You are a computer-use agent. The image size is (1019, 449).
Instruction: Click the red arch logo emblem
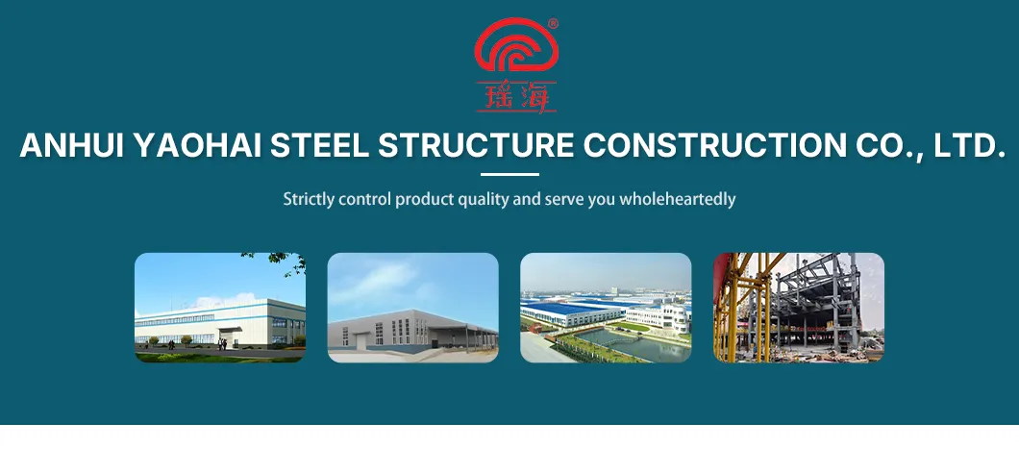pyautogui.click(x=515, y=48)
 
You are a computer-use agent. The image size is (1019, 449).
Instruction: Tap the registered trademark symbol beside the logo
pyautogui.click(x=553, y=24)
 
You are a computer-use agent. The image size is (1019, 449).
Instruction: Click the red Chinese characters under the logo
pyautogui.click(x=515, y=96)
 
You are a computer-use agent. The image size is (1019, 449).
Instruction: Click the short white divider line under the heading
pyautogui.click(x=509, y=174)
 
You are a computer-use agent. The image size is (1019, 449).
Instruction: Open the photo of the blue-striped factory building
pyautogui.click(x=220, y=308)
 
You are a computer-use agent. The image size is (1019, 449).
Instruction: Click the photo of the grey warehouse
pyautogui.click(x=413, y=308)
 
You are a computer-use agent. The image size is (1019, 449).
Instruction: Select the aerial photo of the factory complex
pyautogui.click(x=606, y=308)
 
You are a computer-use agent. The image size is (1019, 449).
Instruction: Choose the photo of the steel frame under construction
pyautogui.click(x=799, y=308)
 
